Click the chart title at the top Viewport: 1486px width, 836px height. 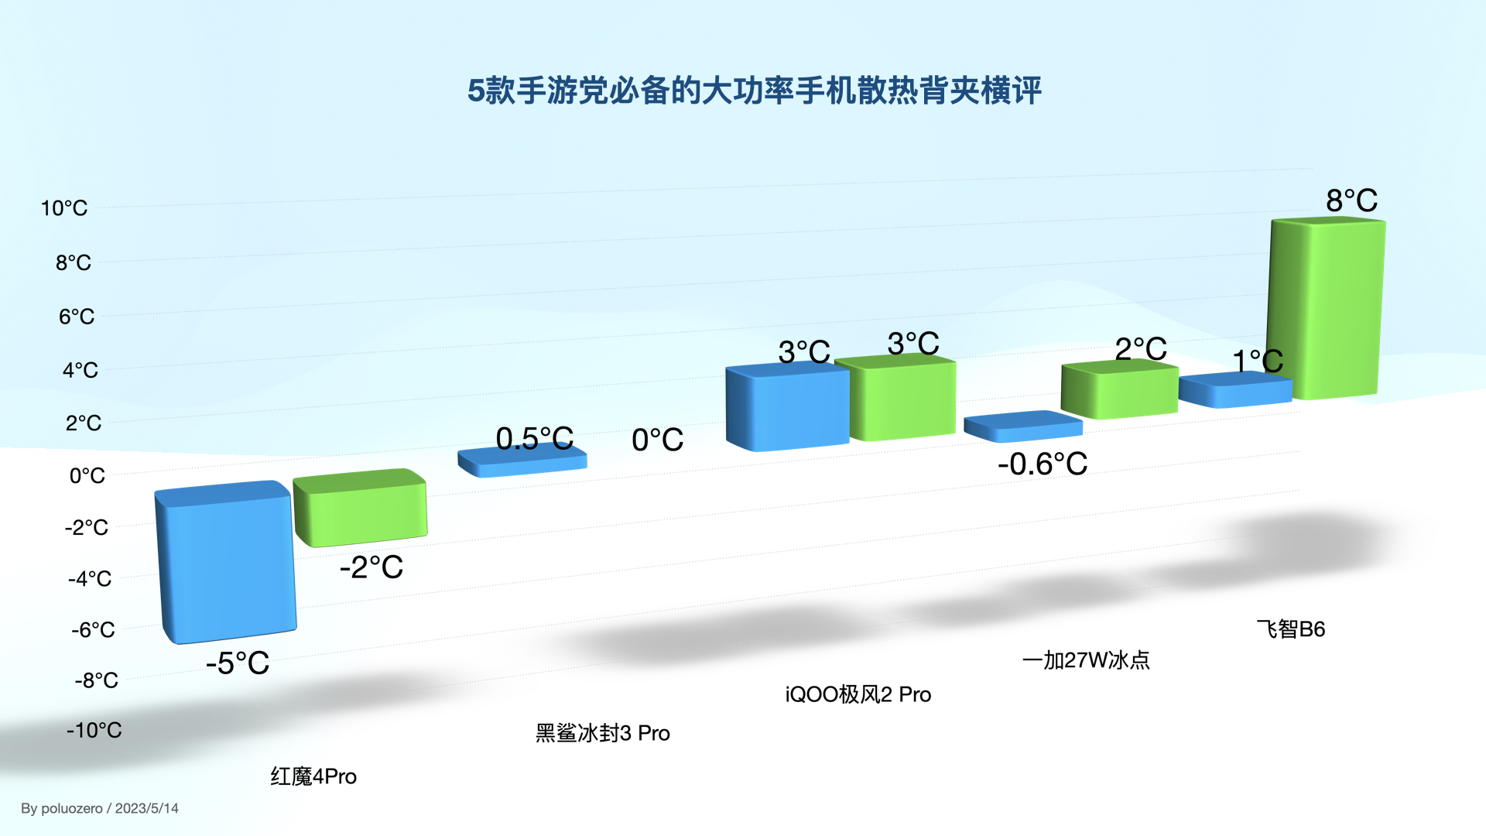coord(754,91)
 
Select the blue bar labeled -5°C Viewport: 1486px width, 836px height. coord(226,565)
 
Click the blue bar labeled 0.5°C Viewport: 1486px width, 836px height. coord(522,462)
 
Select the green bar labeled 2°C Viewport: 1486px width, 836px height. coord(1119,391)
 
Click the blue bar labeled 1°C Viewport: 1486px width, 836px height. coord(1235,391)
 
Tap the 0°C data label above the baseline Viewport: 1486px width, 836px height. coord(657,440)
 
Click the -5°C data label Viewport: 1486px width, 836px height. coord(238,663)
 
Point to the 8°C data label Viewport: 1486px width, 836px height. coord(1351,200)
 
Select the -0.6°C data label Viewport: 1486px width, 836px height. coord(1042,464)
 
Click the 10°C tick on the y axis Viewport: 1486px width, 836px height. coord(64,208)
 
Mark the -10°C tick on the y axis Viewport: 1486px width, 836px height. coord(94,730)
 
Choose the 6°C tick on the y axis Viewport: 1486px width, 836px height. coord(77,317)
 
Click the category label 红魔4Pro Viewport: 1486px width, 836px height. coord(313,776)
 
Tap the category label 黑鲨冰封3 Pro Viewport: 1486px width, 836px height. coord(602,733)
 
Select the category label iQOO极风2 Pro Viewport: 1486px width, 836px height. coord(858,694)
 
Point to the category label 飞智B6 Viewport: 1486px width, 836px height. coord(1290,629)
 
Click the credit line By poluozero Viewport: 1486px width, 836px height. coord(100,808)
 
